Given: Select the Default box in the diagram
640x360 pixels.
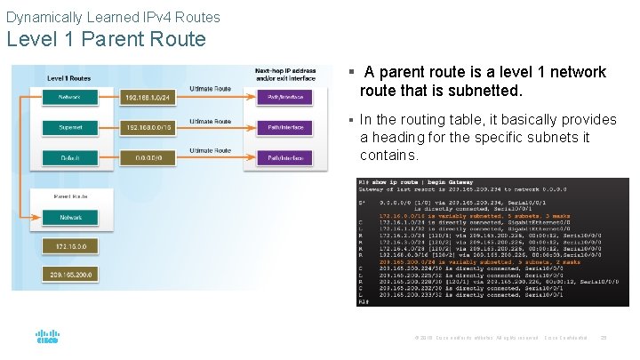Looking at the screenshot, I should coord(71,158).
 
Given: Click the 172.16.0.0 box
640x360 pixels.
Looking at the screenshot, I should coord(71,245).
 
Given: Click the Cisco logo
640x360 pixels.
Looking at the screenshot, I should coord(47,338).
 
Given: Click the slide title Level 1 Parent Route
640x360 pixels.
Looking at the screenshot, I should coord(106,39).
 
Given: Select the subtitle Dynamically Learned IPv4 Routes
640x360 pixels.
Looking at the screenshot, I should coord(113,16).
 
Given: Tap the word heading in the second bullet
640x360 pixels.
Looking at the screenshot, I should coord(400,137).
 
